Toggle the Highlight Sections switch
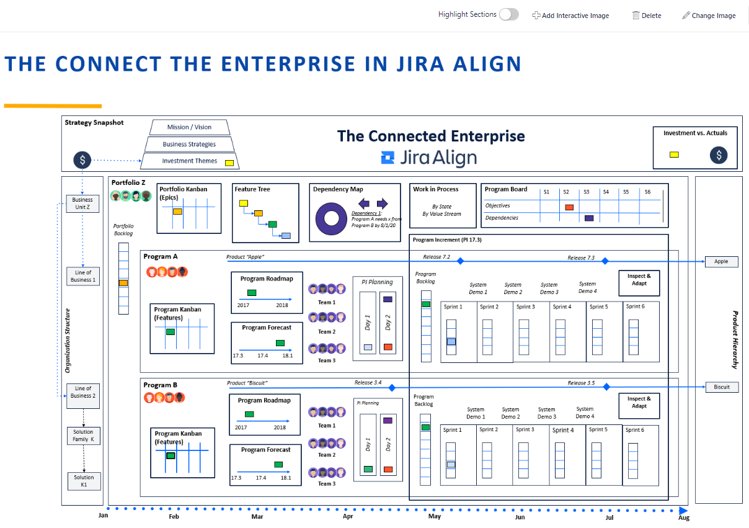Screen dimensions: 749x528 (x=508, y=14)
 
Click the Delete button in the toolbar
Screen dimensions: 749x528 (x=647, y=16)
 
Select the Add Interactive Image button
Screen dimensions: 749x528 (x=570, y=16)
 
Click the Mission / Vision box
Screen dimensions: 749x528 (x=189, y=127)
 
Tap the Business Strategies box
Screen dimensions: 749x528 (x=189, y=144)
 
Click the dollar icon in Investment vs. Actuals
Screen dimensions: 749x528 (x=719, y=155)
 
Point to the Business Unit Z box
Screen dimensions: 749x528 (x=82, y=204)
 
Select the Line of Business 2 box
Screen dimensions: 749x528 (x=83, y=395)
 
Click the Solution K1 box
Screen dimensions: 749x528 (x=84, y=481)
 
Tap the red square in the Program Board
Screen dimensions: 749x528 (x=569, y=207)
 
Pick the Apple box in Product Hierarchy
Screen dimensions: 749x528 (x=721, y=261)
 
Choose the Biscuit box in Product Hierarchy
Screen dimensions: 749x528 (x=722, y=387)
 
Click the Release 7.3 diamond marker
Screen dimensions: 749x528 (x=605, y=261)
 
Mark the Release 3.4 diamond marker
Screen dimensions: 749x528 (x=392, y=388)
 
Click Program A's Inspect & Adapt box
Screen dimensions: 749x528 (x=639, y=283)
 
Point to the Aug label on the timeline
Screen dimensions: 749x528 (x=684, y=517)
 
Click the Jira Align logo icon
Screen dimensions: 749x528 (x=388, y=158)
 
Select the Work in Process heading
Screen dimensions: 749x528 (x=435, y=189)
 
